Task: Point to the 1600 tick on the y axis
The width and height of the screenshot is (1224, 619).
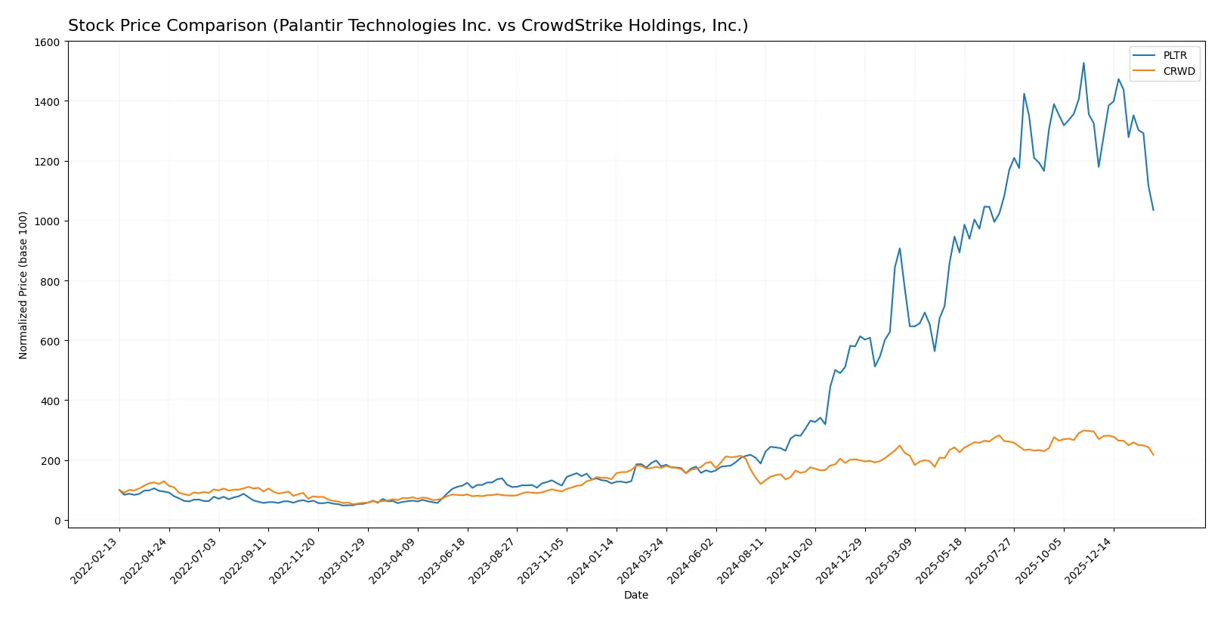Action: click(x=47, y=42)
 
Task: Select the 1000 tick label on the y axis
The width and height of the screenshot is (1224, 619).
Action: click(x=47, y=221)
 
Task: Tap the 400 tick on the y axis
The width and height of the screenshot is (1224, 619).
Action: click(x=50, y=401)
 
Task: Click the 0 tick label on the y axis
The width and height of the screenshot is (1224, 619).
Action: click(x=57, y=521)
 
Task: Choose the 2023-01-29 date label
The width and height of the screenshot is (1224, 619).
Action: click(x=345, y=560)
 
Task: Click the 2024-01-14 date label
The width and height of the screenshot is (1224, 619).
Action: click(x=593, y=560)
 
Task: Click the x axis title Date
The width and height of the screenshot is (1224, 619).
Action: click(x=635, y=596)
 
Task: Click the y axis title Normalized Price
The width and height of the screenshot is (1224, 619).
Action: click(x=23, y=285)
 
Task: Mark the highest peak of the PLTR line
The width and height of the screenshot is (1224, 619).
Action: click(x=1083, y=63)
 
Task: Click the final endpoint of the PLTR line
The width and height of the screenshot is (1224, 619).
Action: click(x=1153, y=210)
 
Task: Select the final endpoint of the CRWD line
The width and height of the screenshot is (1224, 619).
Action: click(x=1153, y=455)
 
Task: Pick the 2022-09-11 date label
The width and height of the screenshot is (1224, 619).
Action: click(x=245, y=560)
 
